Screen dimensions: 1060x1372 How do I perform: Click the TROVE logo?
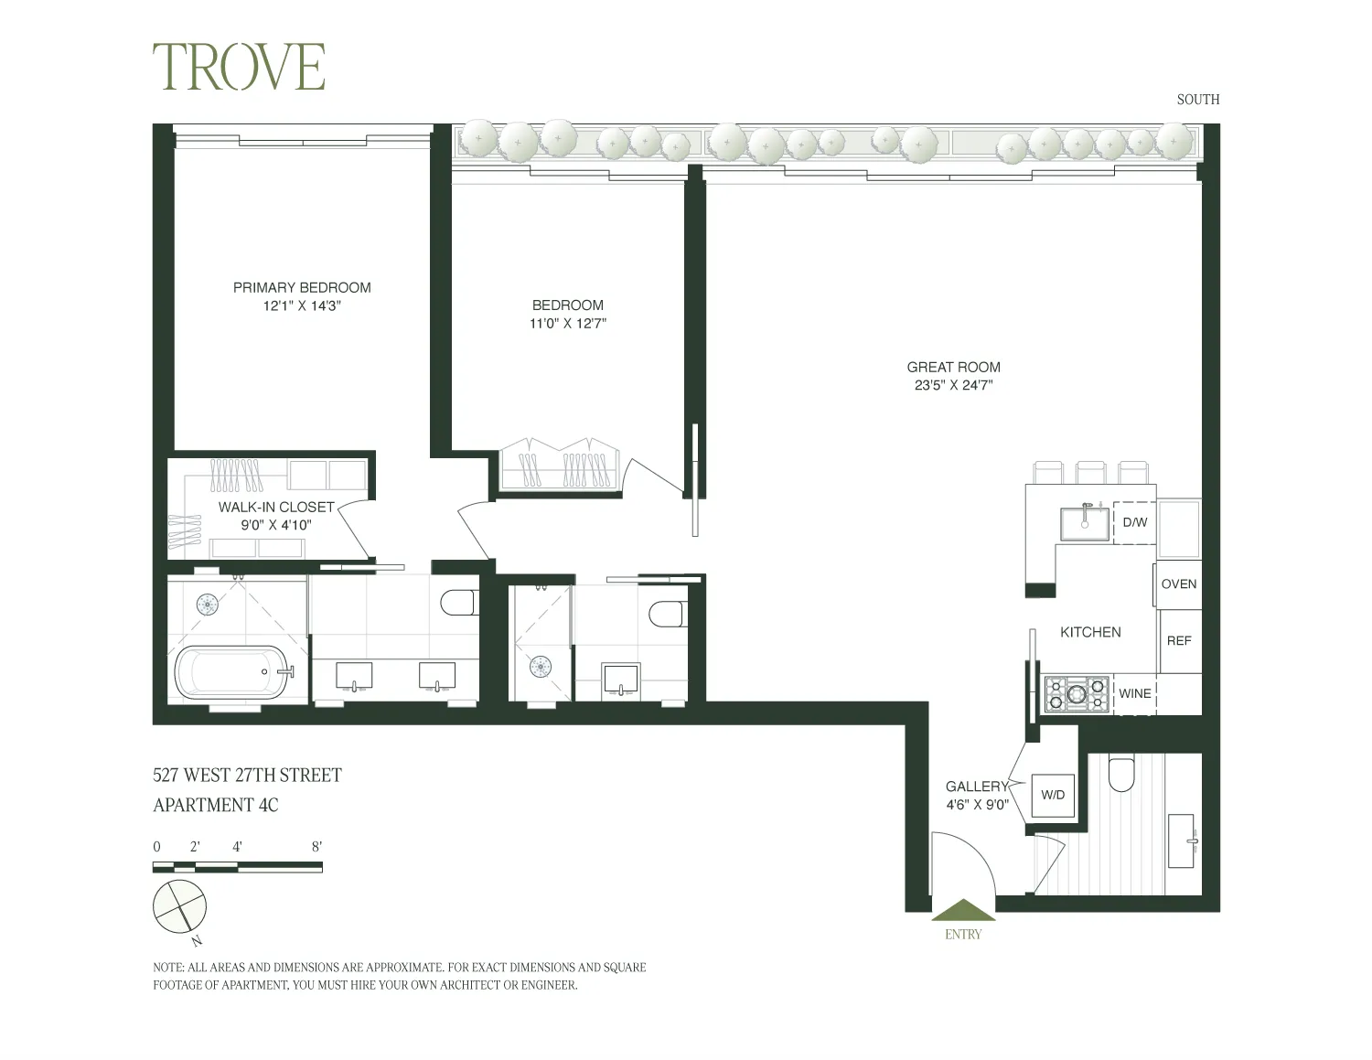click(239, 67)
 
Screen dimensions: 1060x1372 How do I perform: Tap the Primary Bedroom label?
click(302, 287)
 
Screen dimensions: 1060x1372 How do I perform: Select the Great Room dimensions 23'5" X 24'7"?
click(953, 385)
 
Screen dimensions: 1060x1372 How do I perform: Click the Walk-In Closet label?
click(276, 507)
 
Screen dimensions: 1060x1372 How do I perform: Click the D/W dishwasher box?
click(1134, 522)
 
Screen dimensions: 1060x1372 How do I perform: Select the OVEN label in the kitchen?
click(1178, 584)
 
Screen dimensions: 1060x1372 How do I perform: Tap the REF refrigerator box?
click(1179, 641)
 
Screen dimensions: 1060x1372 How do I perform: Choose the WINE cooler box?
click(1134, 693)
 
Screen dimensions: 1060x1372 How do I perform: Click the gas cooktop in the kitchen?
click(1077, 693)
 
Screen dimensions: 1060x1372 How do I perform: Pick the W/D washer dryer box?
click(1053, 795)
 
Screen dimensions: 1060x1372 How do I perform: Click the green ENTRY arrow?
click(962, 910)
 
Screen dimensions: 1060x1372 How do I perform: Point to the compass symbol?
click(180, 906)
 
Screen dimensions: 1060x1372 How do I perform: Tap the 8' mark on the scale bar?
click(316, 847)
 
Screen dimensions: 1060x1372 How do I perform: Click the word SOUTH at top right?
click(1197, 100)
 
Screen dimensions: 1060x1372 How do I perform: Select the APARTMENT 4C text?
click(216, 806)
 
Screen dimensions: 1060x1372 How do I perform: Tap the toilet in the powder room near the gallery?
click(1120, 775)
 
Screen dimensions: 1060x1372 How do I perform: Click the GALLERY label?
click(976, 787)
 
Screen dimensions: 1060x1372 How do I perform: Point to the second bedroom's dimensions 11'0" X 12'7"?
click(568, 324)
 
